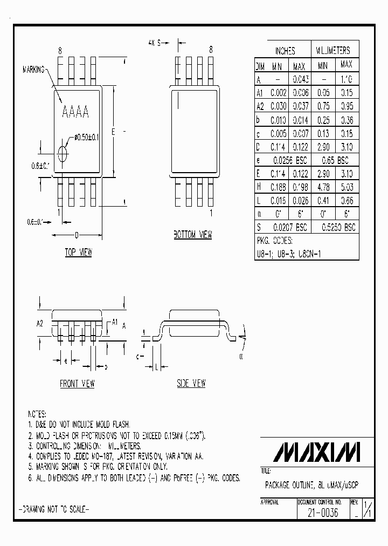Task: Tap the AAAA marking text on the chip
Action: pos(76,113)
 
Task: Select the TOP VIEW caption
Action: pos(79,252)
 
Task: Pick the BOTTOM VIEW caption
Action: pos(192,235)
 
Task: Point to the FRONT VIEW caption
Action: pos(77,384)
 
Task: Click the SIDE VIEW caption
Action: pos(191,384)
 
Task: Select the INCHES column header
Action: pos(285,51)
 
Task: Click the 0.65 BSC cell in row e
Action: pos(335,160)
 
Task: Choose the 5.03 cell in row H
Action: pos(347,187)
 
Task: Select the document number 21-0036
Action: pos(322,513)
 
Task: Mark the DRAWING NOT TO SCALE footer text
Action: pos(54,509)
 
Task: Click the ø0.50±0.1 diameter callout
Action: pos(86,138)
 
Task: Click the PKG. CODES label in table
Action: pos(274,241)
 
